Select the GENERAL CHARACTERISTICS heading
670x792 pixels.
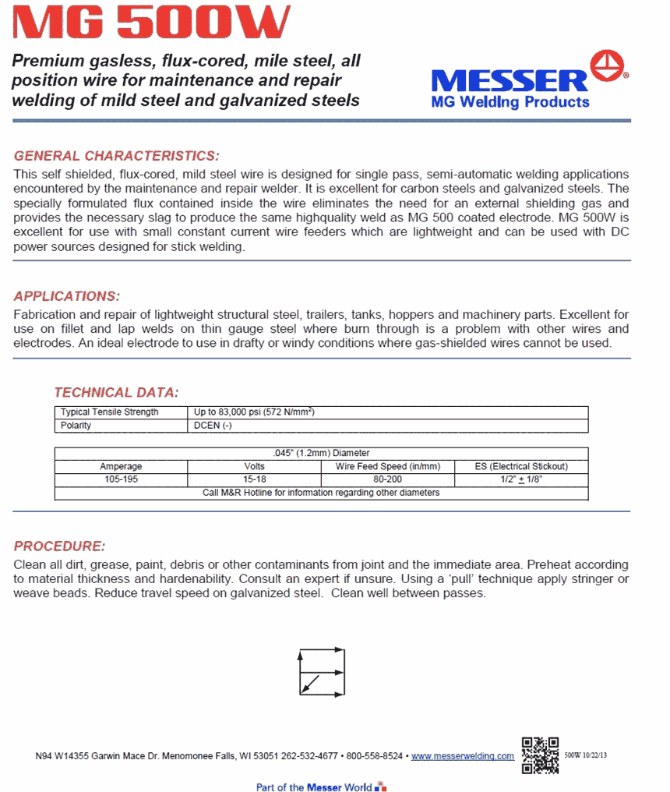[x=117, y=155]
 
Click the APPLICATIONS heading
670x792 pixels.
[x=67, y=296]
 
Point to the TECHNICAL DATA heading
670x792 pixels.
[x=116, y=392]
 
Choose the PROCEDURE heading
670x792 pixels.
[x=59, y=546]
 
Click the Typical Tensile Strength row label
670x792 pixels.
[x=109, y=412]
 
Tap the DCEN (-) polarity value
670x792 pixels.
[x=213, y=426]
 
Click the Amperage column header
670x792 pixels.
[x=121, y=467]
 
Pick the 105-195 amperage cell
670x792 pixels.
[x=121, y=480]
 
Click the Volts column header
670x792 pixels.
[x=254, y=467]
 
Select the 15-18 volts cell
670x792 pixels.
[x=254, y=480]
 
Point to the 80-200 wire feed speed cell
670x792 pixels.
[x=387, y=480]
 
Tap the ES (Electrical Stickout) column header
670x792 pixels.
[x=521, y=467]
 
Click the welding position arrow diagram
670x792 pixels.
[x=321, y=671]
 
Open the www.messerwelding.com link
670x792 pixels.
[x=462, y=756]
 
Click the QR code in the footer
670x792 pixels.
[x=540, y=755]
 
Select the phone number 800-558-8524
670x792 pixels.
[x=374, y=756]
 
